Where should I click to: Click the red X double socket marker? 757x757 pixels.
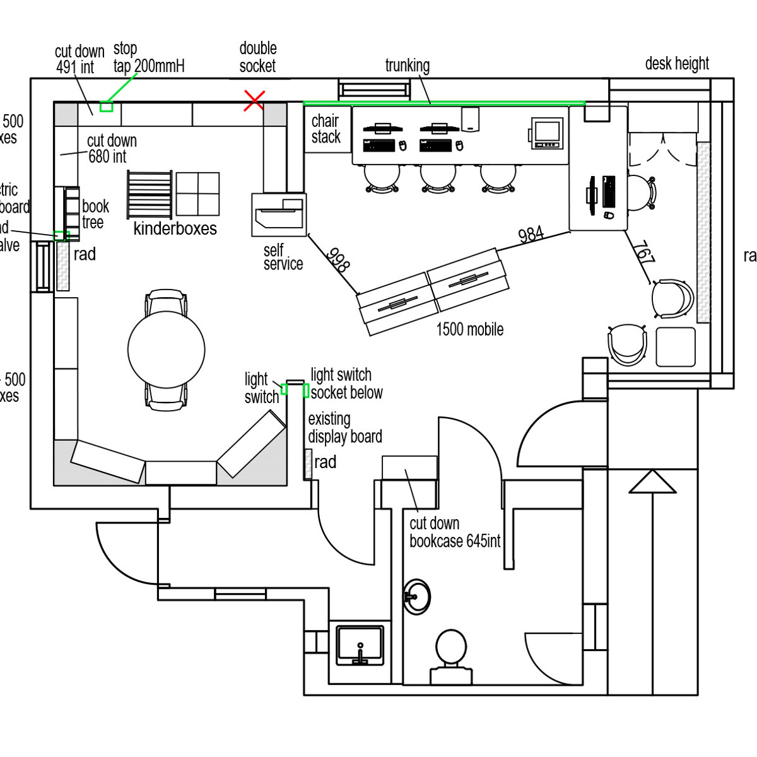(254, 100)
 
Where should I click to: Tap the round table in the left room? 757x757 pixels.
(167, 349)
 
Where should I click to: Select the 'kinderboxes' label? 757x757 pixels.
(175, 228)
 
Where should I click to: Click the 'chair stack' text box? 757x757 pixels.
(326, 129)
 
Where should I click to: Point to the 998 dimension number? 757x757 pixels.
(338, 259)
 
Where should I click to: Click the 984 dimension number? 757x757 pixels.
(531, 235)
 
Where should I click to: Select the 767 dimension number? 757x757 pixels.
(644, 252)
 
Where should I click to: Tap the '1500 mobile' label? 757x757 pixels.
(470, 329)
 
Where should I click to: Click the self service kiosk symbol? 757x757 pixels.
(279, 214)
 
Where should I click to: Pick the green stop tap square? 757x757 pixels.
(107, 106)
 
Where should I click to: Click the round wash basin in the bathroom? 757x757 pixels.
(416, 596)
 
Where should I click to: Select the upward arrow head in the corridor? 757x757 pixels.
(652, 482)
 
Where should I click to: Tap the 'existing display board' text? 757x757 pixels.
(344, 428)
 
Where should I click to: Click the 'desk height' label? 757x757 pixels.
(677, 64)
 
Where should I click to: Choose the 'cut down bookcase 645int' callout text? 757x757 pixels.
(454, 532)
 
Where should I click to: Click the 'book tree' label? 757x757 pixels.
(95, 214)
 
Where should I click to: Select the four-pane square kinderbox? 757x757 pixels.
(197, 194)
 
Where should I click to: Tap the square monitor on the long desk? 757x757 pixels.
(545, 133)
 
